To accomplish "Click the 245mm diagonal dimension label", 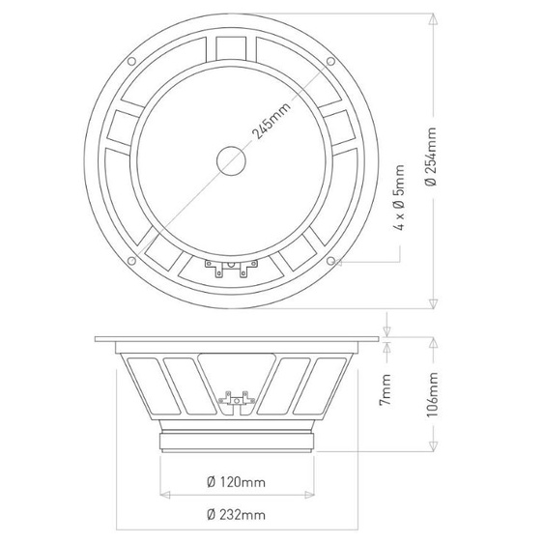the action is pos(271,119).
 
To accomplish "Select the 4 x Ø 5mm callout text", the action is pos(399,197).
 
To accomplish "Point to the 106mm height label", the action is pos(433,394).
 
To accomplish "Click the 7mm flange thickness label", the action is pos(386,389).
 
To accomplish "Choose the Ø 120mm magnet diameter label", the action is pos(236,482).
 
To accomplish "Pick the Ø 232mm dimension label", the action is pos(236,515).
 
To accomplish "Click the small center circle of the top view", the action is pos(231,160).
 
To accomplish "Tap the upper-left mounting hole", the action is pos(131,62).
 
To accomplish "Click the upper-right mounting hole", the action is pos(330,62).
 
